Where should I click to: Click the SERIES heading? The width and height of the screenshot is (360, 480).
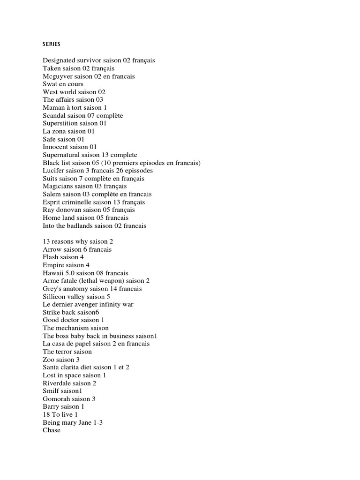52,45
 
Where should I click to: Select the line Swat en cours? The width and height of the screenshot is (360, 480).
63,84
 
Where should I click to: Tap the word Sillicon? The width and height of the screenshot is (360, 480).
55,296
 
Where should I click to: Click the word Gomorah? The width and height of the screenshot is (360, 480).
56,399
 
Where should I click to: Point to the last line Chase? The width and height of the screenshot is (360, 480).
52,430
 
